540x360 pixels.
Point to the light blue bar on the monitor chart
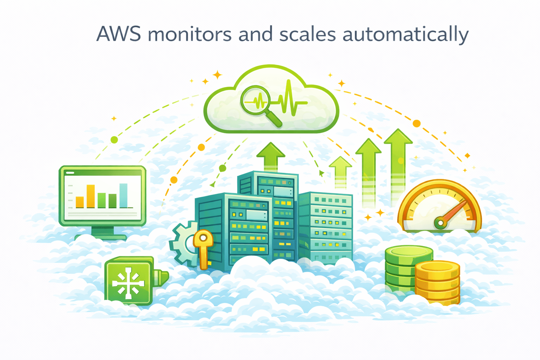[x=123, y=195]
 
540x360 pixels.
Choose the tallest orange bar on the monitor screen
[x=91, y=196]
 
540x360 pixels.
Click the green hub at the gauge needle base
[x=440, y=223]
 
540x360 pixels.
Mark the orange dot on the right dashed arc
[x=417, y=123]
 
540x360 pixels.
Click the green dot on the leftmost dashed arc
[x=114, y=140]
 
